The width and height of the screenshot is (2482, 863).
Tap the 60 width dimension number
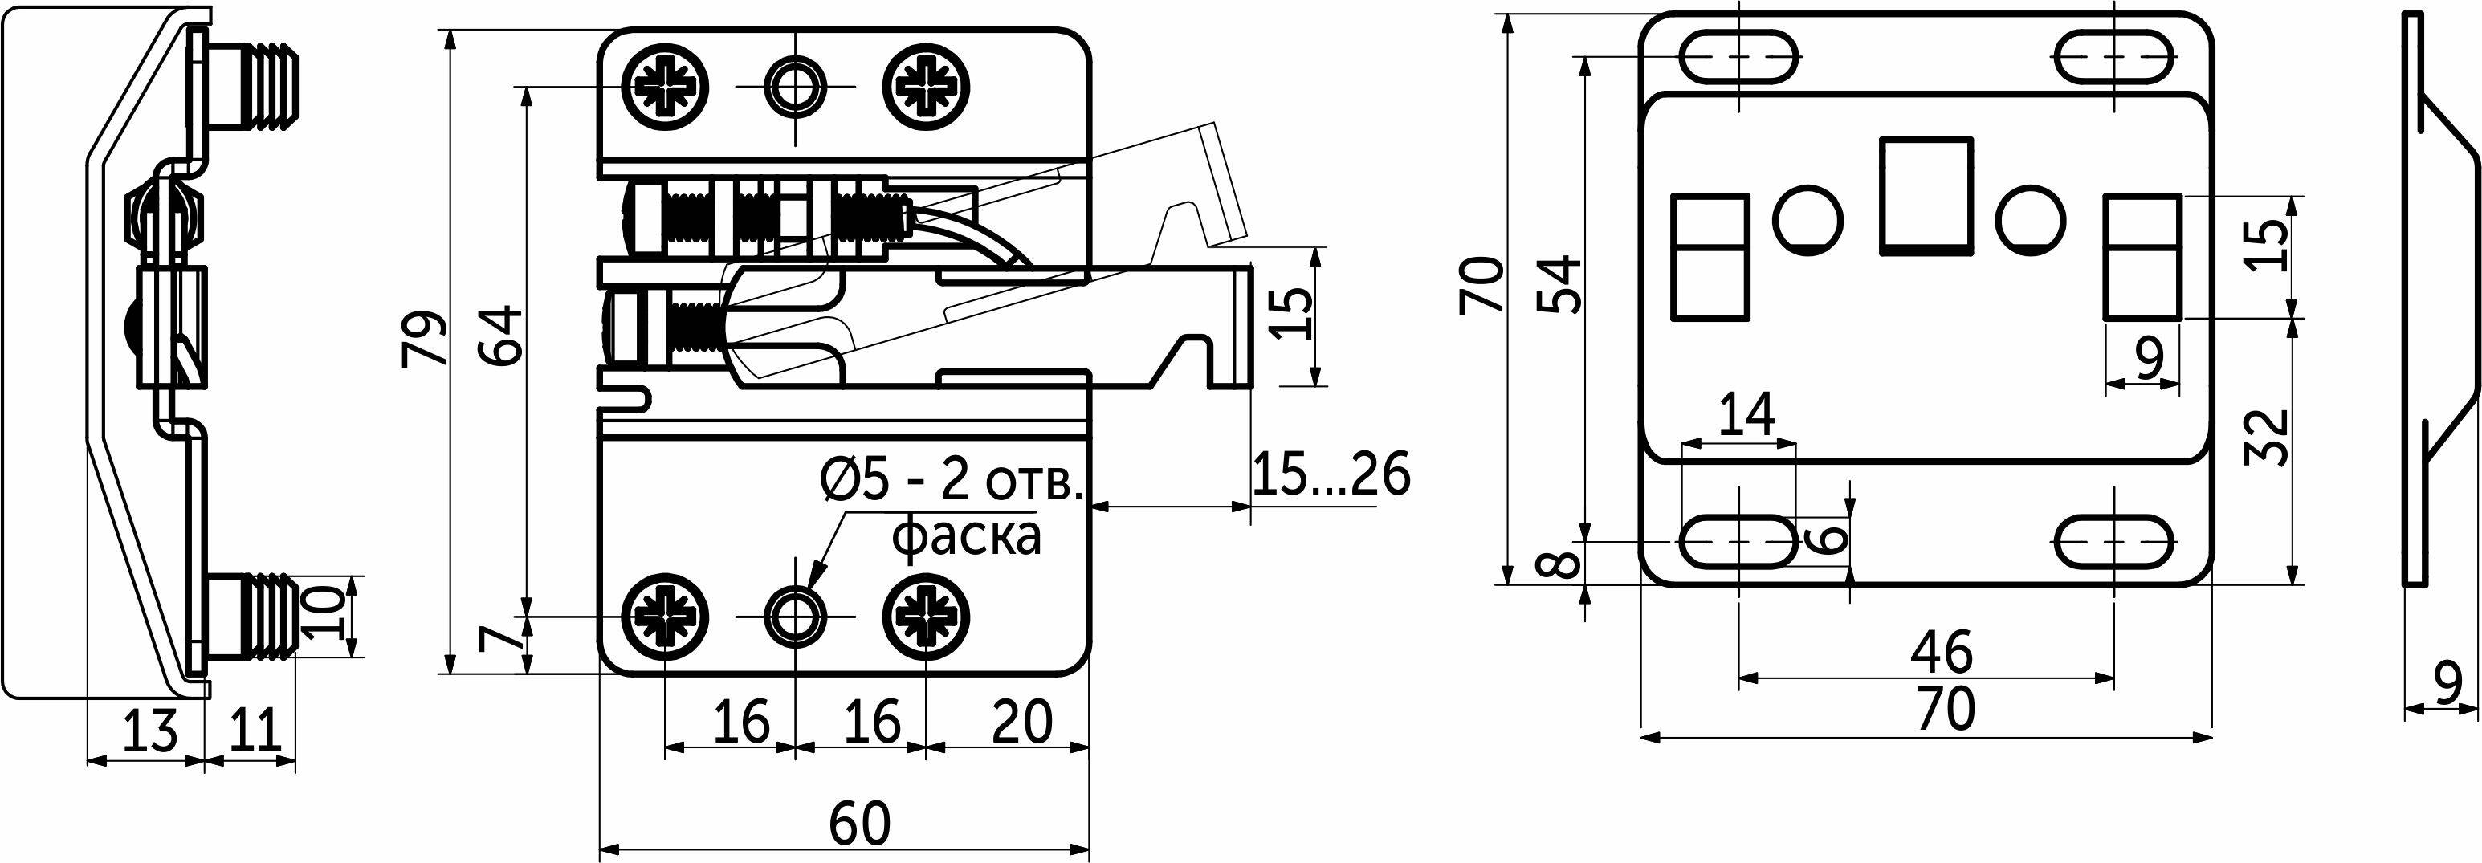861,821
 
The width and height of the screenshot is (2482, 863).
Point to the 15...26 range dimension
1331,473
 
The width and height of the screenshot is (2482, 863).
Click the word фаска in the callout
968,537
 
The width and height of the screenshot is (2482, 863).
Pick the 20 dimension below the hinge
1021,722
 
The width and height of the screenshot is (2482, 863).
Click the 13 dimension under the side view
149,729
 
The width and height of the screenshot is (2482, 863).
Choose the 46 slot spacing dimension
1942,652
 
